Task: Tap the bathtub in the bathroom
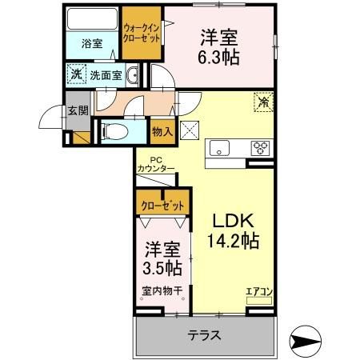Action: click(90, 19)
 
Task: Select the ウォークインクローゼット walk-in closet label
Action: click(141, 33)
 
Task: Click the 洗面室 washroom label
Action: click(104, 74)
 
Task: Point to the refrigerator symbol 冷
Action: click(262, 102)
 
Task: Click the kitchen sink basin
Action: click(218, 147)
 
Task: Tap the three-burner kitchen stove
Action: click(260, 147)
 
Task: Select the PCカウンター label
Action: click(155, 164)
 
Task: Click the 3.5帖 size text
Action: click(162, 266)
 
